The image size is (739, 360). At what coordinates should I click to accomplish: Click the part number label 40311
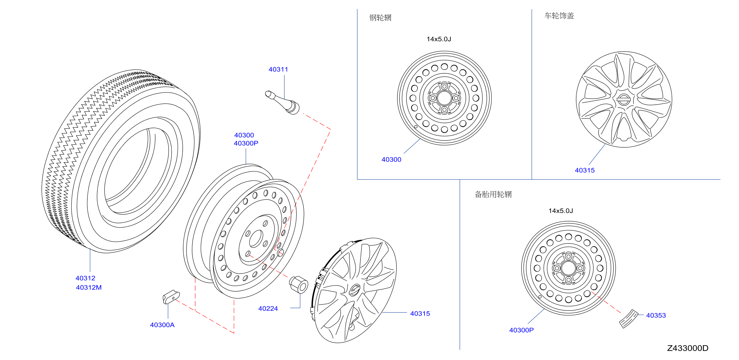click(278, 69)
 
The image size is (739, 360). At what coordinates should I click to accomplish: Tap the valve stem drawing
click(282, 102)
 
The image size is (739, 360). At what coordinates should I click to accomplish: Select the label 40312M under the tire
click(89, 287)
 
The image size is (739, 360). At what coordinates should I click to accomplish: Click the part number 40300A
click(162, 325)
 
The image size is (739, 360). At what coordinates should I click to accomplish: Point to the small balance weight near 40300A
click(171, 297)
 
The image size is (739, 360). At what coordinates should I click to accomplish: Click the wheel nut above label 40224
click(298, 285)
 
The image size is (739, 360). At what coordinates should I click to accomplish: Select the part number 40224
click(268, 309)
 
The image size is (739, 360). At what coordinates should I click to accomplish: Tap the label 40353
click(656, 316)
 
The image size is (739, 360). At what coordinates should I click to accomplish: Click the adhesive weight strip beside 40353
click(629, 319)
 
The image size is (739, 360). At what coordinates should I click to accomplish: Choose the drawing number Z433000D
click(688, 348)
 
